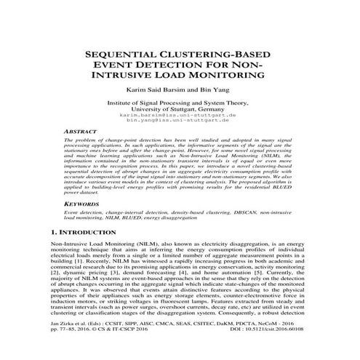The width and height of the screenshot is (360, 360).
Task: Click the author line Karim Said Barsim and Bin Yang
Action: pyautogui.click(x=180, y=92)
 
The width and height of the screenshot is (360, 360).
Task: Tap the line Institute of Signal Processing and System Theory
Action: pyautogui.click(x=180, y=103)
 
